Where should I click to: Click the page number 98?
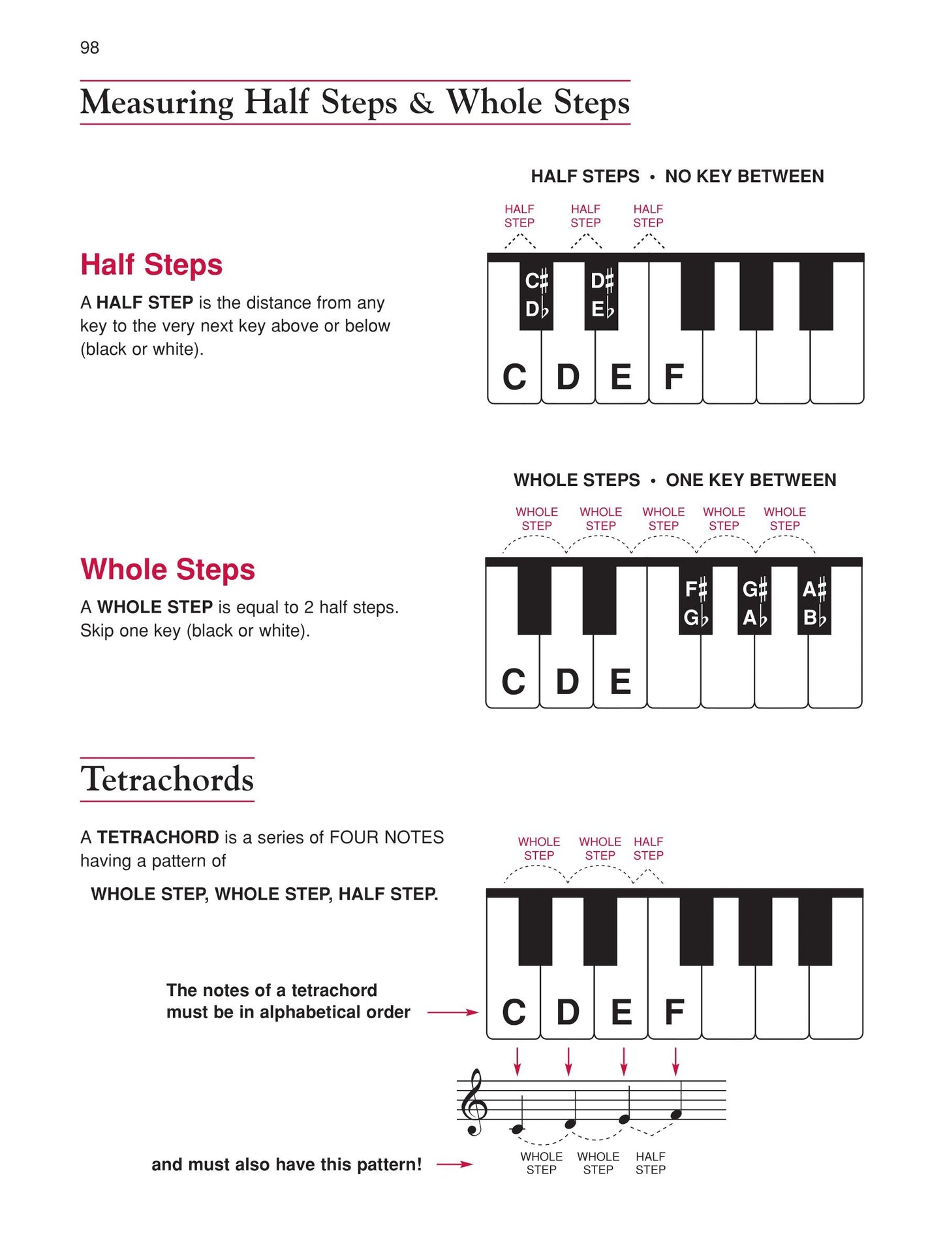[89, 48]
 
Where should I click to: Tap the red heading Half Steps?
[151, 265]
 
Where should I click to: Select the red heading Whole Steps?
[167, 569]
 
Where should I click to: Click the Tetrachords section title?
[167, 779]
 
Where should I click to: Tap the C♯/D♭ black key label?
[536, 295]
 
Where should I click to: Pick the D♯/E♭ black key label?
[602, 295]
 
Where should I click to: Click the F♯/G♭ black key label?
[696, 603]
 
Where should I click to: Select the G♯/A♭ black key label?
[754, 603]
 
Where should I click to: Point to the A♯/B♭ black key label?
[814, 603]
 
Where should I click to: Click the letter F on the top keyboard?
[673, 377]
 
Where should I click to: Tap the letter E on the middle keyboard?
[620, 682]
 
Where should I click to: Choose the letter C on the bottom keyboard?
[514, 1012]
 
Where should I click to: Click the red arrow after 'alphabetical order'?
[453, 1012]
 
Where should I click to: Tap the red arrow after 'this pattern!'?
[455, 1164]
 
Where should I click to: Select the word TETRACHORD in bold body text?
[158, 837]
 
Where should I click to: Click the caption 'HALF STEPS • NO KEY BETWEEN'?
[677, 176]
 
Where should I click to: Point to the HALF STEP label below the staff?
[650, 1163]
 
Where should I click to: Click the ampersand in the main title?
[421, 103]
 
